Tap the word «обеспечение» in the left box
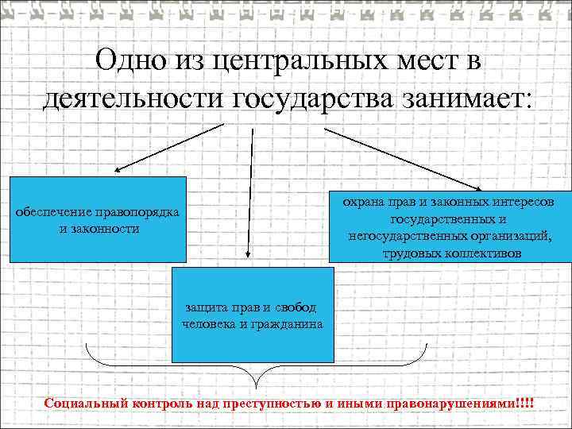[54, 213]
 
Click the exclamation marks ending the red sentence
[524, 403]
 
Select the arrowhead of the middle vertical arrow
[248, 253]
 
